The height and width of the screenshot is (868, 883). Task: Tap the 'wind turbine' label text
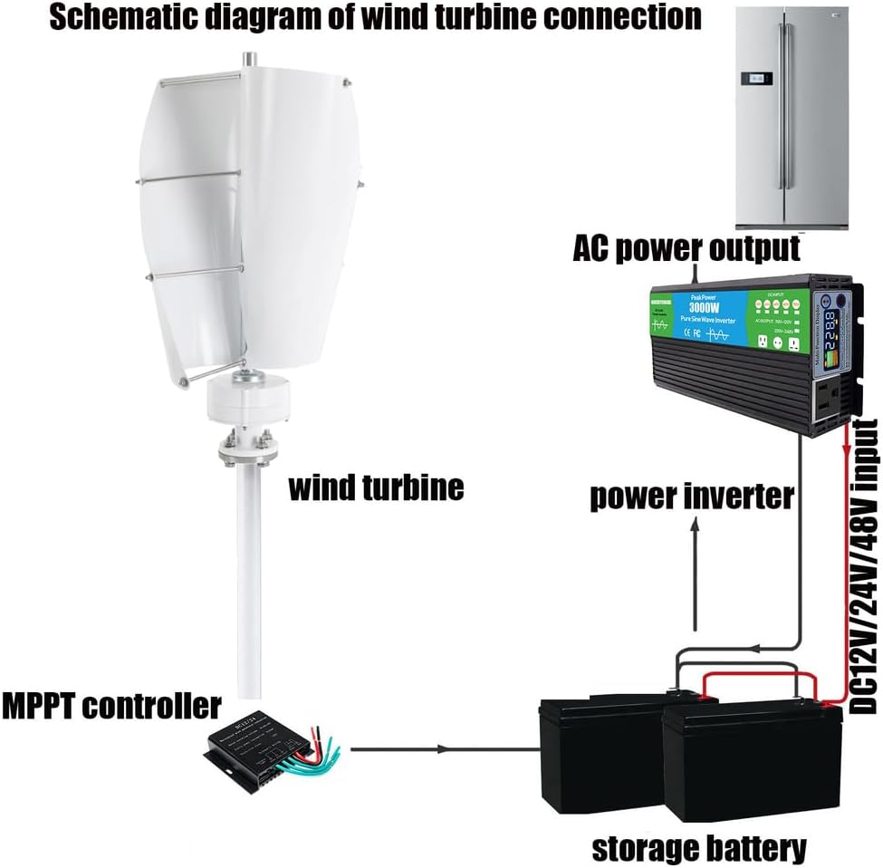point(375,487)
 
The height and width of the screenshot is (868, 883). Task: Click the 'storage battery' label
point(698,848)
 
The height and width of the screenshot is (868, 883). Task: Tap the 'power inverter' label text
point(692,496)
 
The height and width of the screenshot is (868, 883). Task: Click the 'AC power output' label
point(686,247)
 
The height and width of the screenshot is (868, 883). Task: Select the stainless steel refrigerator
point(792,118)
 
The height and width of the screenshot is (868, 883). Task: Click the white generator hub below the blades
point(247,399)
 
